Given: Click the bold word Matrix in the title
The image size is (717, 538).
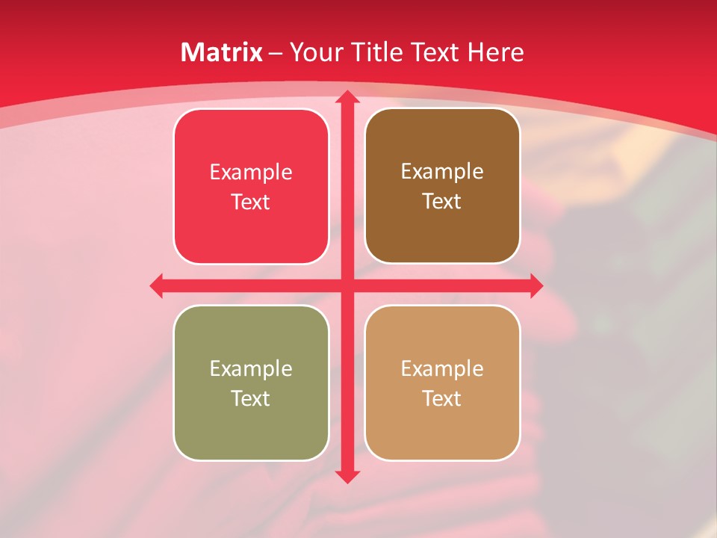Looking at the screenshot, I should coord(222,52).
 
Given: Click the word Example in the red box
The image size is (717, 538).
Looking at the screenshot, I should coord(251,173).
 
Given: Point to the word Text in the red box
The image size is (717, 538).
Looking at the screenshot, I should coord(251,202).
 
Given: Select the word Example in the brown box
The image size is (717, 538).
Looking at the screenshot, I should coord(442,172).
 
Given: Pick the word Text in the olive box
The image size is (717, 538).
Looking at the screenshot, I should coord(251,399).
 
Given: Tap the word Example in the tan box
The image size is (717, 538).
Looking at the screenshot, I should coord(442,368).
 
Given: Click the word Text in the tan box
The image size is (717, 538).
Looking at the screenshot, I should coord(442,399).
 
